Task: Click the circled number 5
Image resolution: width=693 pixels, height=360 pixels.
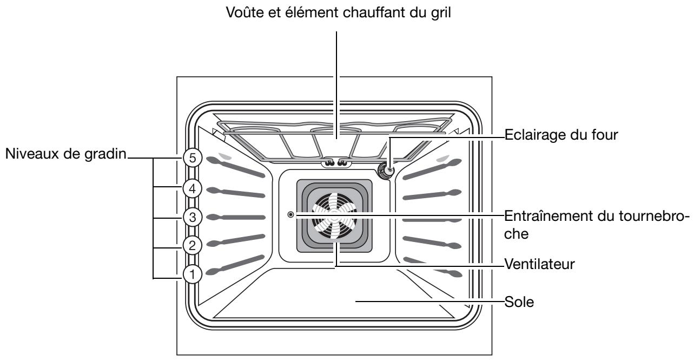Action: point(192,158)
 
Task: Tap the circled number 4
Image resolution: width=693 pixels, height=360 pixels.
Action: point(192,188)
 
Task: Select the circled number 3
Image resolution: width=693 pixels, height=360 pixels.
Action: point(192,217)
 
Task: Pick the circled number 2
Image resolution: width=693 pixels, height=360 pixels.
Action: point(192,245)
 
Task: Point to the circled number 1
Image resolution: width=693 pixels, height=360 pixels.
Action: point(192,274)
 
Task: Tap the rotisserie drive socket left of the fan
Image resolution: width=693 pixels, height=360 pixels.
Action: point(291,215)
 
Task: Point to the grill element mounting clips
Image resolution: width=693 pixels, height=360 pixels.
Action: point(335,163)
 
